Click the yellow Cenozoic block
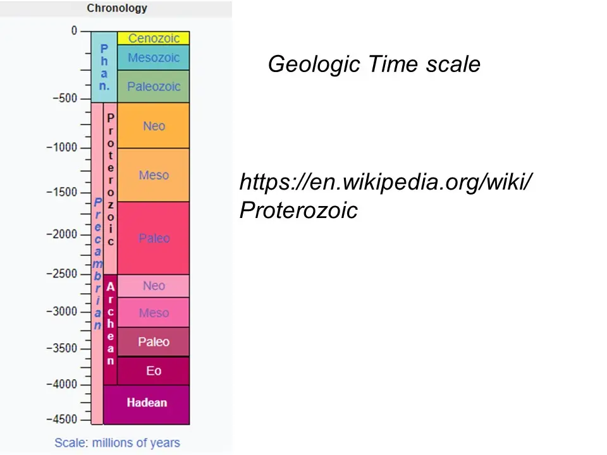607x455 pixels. point(154,38)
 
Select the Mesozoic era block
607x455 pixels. point(154,58)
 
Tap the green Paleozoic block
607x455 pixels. point(154,87)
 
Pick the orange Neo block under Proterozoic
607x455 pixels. point(154,126)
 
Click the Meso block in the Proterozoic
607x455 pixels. point(154,175)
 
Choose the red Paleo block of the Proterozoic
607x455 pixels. point(154,238)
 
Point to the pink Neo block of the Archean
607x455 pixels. point(154,286)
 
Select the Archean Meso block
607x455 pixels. point(154,313)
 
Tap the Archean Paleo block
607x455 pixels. point(154,342)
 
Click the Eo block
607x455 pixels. point(154,370)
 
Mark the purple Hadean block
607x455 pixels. point(147,403)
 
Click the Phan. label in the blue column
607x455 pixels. point(104,67)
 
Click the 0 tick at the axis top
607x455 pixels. point(74,30)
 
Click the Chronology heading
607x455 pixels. point(117,8)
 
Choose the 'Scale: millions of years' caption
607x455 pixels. point(117,442)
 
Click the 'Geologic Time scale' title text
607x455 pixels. point(374,64)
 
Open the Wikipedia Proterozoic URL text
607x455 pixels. point(385,196)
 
